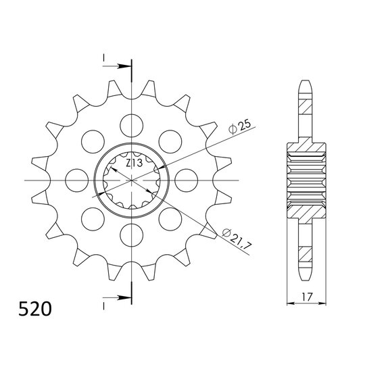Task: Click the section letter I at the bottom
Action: pos(105,304)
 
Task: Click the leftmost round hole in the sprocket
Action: pos(74,180)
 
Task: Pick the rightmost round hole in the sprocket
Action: pos(185,180)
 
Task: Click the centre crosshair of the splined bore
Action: pos(130,180)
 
